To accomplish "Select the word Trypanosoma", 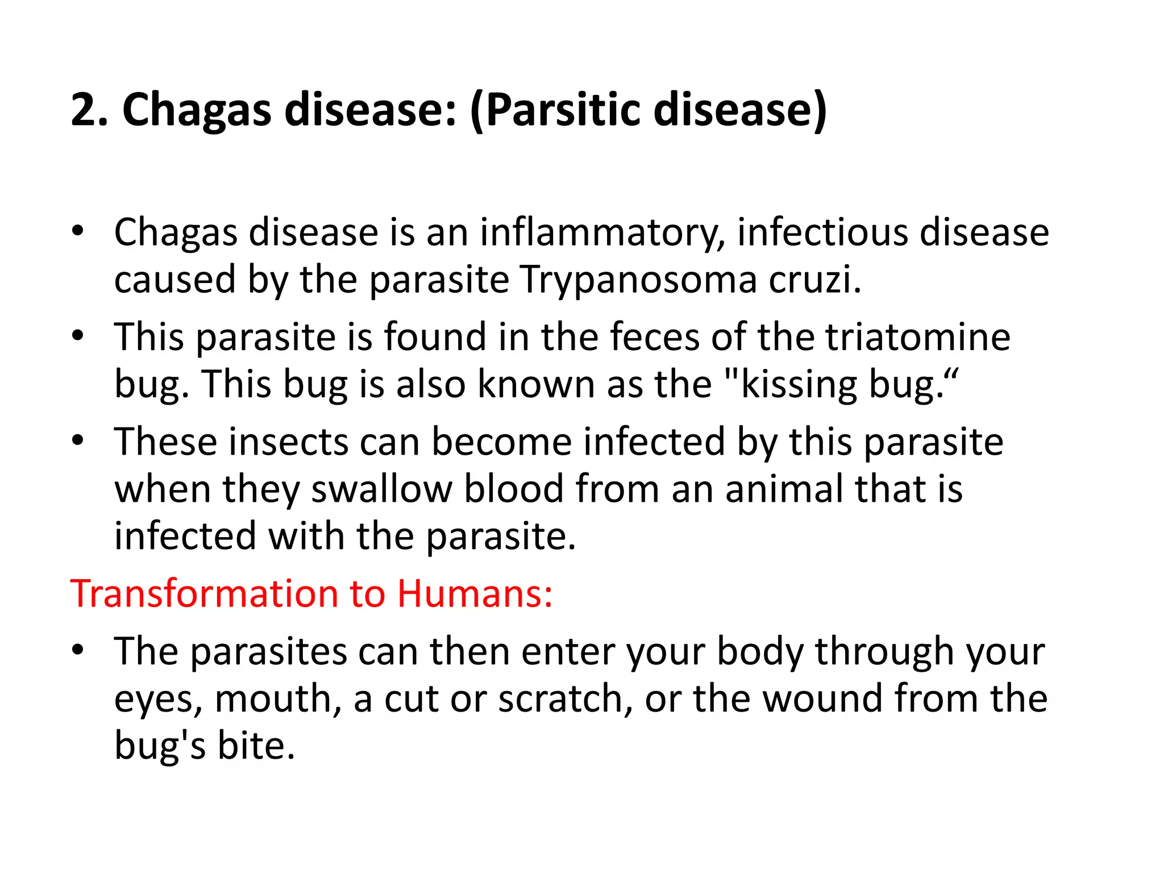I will click(639, 280).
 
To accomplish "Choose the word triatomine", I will click(917, 337).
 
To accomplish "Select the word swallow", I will click(381, 489).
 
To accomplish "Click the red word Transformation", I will click(204, 594).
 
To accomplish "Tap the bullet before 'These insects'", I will click(78, 440).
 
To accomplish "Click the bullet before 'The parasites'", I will click(78, 649).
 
